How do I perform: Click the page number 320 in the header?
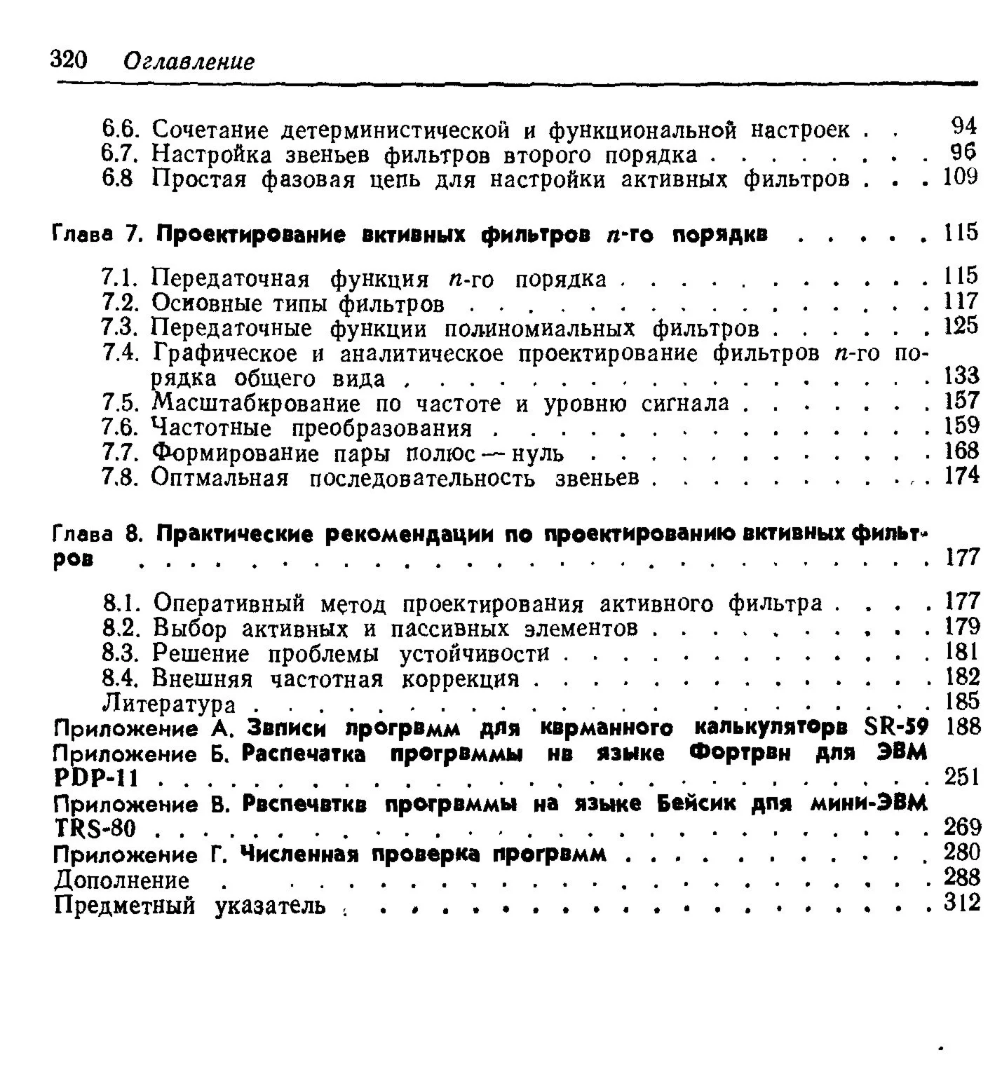[x=68, y=60]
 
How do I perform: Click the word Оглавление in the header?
[x=188, y=62]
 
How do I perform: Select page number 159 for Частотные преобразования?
[x=960, y=425]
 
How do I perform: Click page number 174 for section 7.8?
[x=960, y=476]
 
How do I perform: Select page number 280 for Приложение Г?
[x=961, y=853]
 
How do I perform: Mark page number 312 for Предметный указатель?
[x=961, y=904]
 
